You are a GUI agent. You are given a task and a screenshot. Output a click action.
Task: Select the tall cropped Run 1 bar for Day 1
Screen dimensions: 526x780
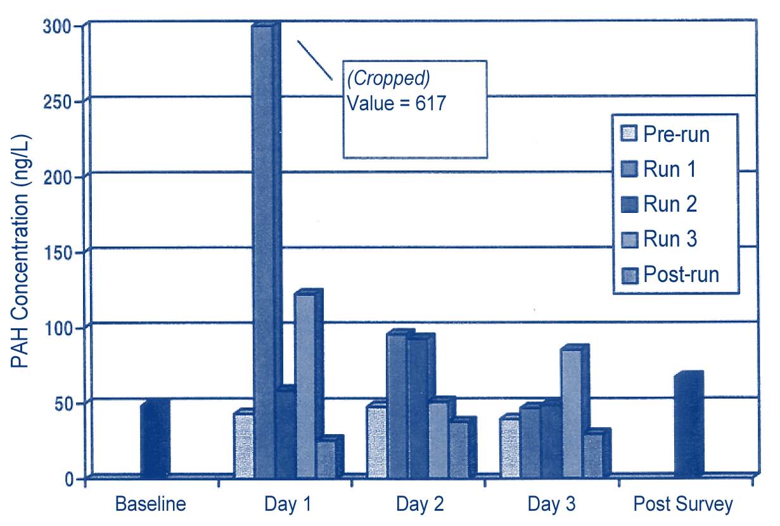(x=264, y=253)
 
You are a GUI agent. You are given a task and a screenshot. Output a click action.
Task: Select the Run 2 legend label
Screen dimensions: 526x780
(x=670, y=204)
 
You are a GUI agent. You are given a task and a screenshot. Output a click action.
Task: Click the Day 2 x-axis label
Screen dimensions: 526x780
(x=420, y=505)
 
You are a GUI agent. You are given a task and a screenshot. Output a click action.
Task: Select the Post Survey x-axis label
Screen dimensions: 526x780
(x=683, y=505)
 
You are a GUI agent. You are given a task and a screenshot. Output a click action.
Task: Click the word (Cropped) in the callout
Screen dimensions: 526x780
(x=388, y=79)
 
